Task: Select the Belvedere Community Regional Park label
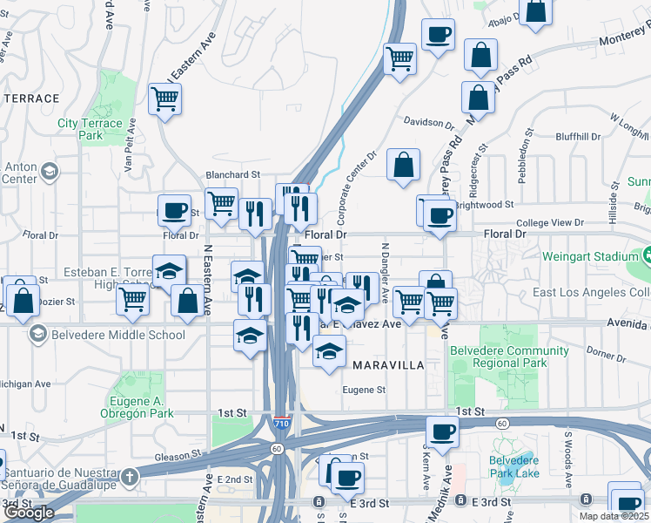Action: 498,357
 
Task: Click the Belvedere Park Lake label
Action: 513,466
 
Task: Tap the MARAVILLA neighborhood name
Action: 387,365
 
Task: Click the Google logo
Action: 29,513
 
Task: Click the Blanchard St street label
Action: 232,174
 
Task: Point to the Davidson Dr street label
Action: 424,123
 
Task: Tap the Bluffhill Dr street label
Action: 578,137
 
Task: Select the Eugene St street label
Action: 363,390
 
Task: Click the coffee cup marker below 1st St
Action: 442,431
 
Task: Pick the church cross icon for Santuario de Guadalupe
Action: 129,477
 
